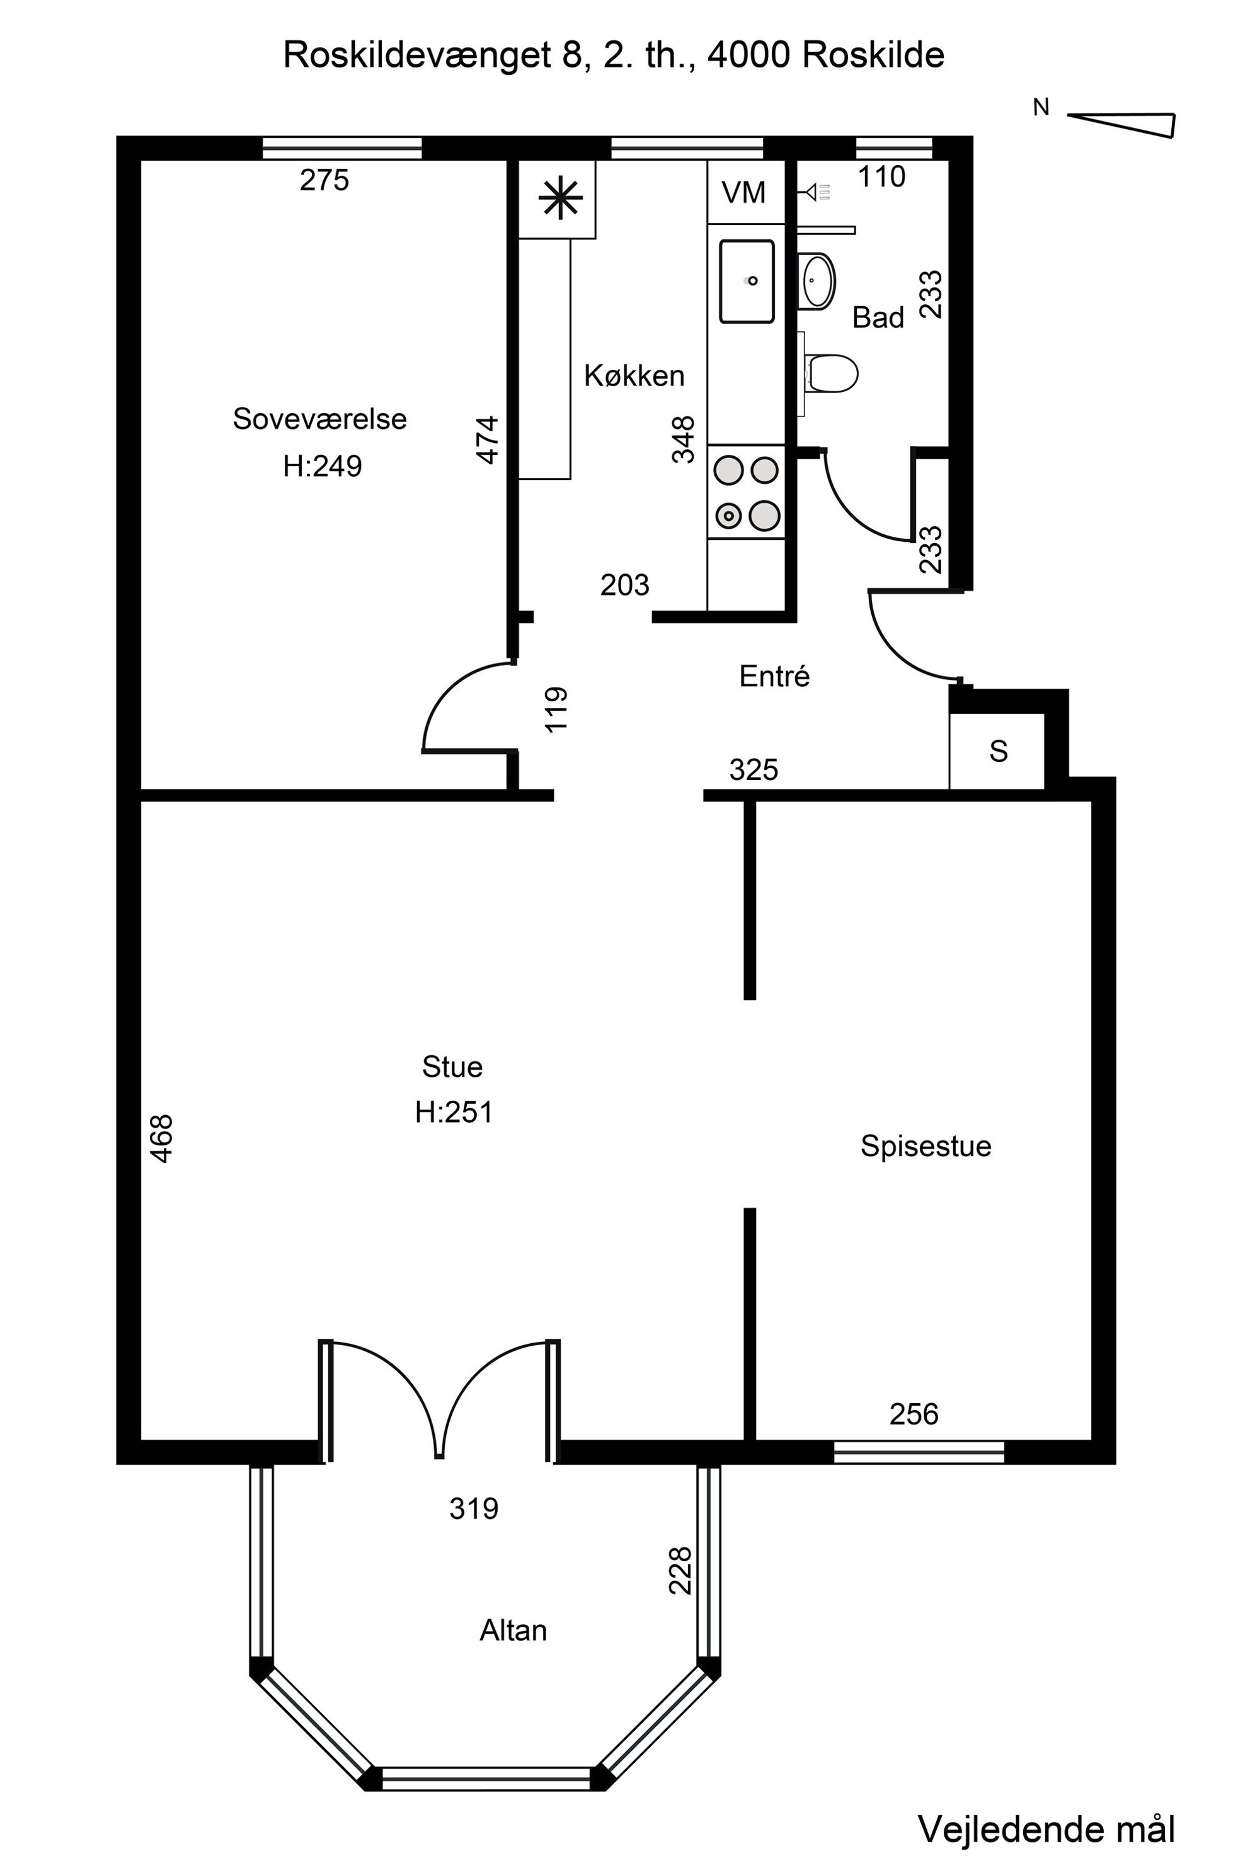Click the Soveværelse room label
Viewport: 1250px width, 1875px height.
[x=319, y=418]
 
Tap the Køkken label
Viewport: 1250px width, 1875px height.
[x=634, y=376]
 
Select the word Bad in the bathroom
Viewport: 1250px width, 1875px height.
[x=878, y=318]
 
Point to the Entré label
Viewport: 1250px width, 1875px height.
[x=774, y=676]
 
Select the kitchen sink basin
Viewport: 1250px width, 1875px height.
[x=747, y=282]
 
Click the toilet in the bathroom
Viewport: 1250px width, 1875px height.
[x=832, y=373]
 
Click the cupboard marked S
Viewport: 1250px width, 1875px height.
[x=997, y=751]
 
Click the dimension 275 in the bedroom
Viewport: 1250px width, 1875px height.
[x=324, y=180]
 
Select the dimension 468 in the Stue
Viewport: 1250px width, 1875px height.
[x=161, y=1139]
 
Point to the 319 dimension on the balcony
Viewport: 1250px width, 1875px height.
[x=474, y=1508]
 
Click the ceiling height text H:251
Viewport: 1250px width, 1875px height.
[x=454, y=1112]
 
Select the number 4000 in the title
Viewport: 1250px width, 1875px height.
[x=748, y=55]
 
